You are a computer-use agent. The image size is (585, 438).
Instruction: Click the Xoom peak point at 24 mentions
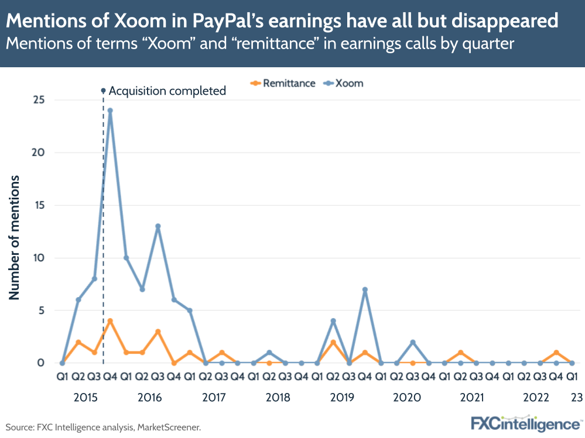110,111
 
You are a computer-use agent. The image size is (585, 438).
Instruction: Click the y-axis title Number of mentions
14,237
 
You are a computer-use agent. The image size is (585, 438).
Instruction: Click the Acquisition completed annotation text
167,91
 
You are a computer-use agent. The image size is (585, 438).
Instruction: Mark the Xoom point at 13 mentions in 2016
158,226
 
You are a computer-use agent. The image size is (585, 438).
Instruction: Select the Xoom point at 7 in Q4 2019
365,289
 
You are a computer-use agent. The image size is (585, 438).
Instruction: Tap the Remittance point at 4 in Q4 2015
110,320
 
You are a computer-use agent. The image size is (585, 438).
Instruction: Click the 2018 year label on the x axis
278,398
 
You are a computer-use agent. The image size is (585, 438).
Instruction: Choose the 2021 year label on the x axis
471,398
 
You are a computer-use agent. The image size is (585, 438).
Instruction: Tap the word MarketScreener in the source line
169,427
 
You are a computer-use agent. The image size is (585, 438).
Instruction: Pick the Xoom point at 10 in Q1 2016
126,258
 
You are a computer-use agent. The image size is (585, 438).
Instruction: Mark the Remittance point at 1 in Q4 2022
556,352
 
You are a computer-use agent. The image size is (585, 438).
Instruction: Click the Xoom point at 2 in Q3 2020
413,342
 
